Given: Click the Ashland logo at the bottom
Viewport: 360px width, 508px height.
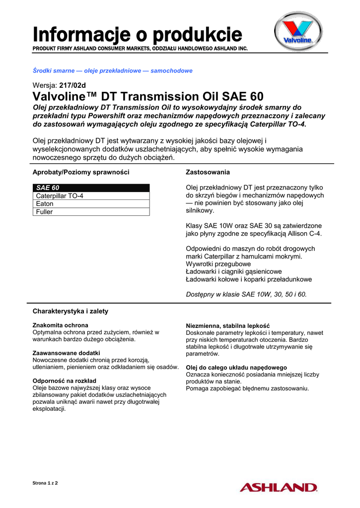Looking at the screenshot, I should [278, 487].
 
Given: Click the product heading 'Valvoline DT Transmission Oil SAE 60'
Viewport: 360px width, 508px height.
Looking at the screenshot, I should [148, 96].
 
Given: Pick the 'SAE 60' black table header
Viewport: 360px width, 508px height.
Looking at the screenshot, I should [91, 188].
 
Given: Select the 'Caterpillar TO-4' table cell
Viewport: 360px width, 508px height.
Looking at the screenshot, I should [91, 196].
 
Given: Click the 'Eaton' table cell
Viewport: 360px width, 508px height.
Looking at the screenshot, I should [91, 204].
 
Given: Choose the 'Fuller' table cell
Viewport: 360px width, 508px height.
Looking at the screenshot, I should [91, 212].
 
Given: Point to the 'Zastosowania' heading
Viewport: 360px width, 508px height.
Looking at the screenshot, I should [208, 172].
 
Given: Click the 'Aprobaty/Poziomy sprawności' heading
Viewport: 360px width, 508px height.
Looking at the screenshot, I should [81, 172].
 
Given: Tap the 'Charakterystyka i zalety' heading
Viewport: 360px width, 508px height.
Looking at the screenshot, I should [71, 311].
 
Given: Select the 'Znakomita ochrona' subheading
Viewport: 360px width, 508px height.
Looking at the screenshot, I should [54, 325].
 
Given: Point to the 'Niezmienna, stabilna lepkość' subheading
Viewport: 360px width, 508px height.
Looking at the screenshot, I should [227, 326].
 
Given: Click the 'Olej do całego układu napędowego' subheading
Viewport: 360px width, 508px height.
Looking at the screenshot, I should [236, 367].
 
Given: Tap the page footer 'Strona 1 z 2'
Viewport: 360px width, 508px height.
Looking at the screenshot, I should [45, 483].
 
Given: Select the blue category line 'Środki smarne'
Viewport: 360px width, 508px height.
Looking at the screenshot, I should [112, 71].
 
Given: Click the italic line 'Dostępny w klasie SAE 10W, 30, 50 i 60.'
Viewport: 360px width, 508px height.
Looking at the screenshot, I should [246, 294].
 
